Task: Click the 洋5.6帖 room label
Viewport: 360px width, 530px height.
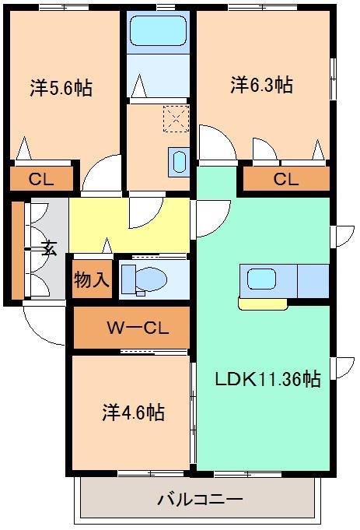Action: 61,88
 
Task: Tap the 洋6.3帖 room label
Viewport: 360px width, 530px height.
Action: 262,85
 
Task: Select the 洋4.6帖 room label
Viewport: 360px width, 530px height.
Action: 134,412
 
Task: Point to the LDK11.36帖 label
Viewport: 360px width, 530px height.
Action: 267,379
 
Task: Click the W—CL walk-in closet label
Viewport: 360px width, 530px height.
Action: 138,328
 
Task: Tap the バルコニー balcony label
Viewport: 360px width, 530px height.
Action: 200,499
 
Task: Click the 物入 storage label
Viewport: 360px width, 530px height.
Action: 92,279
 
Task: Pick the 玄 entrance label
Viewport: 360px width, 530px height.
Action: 49,249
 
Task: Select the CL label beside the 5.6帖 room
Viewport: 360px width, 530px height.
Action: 41,179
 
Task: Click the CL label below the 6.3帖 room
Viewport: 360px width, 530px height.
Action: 286,179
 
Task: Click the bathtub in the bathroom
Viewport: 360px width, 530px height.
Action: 158,30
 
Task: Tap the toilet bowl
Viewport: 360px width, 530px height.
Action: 151,279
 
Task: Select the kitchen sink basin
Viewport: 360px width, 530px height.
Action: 262,279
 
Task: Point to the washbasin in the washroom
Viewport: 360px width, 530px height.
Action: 179,162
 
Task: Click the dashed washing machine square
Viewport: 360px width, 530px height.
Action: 176,118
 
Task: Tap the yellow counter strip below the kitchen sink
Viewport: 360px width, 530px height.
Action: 263,304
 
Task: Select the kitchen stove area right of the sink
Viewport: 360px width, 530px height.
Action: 313,281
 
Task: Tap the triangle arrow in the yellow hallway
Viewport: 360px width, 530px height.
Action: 107,245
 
